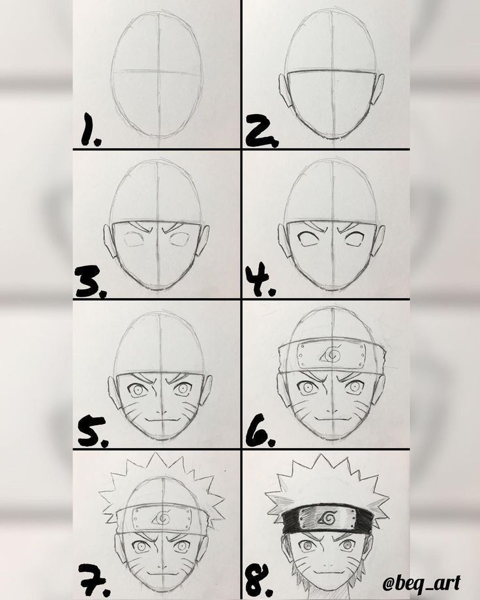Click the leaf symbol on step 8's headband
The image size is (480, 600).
click(x=327, y=519)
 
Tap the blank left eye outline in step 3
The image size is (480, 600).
click(x=135, y=239)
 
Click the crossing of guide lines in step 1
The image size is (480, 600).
click(x=157, y=70)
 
